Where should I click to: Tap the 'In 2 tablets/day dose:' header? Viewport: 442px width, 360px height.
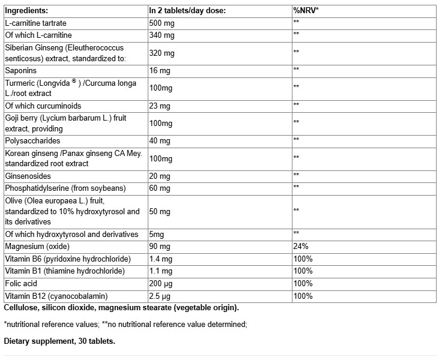187,10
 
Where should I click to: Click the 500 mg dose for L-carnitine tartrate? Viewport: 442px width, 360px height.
162,22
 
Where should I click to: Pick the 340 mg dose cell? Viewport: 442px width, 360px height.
162,34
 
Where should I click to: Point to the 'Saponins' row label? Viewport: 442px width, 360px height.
20,70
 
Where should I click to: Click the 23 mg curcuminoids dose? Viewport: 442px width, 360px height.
160,106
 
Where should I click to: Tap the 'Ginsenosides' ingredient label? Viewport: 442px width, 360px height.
28,175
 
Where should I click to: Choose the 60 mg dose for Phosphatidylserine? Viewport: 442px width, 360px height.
160,187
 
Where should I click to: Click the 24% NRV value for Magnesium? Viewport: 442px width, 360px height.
301,246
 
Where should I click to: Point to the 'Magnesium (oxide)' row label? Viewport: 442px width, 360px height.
38,246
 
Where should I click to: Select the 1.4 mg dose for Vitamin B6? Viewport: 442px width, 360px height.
162,259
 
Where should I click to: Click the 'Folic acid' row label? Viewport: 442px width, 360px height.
22,283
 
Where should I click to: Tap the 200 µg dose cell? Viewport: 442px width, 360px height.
162,283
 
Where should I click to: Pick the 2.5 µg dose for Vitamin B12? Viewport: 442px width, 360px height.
162,295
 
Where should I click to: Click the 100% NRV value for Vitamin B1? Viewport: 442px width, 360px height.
303,271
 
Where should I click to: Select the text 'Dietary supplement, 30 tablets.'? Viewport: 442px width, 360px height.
59,341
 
